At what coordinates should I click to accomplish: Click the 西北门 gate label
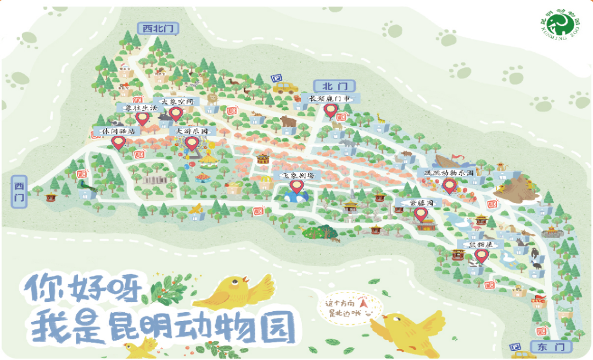point(157,28)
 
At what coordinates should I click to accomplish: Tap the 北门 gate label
point(334,86)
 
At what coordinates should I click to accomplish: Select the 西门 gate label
point(19,192)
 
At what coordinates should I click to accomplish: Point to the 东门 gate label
point(551,346)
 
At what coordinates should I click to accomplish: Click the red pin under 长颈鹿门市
point(330,111)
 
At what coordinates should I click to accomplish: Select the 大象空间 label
point(174,102)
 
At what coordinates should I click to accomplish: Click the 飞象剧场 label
point(297,176)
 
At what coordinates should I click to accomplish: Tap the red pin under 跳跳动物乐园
point(450,186)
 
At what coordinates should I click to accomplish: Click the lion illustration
point(211,99)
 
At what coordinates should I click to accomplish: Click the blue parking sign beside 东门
point(515,347)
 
